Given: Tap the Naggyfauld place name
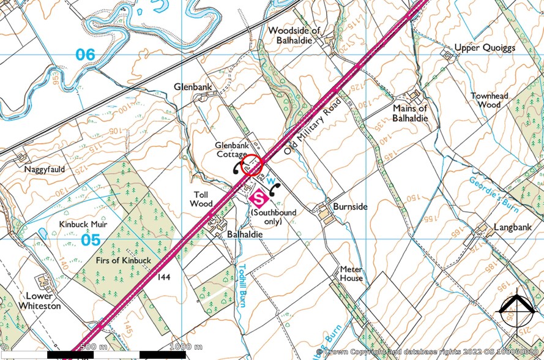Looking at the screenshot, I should [x=45, y=168].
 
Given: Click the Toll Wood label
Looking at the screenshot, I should [x=201, y=199].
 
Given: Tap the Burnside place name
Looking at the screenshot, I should [x=350, y=207].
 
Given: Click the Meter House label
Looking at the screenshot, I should [x=352, y=274].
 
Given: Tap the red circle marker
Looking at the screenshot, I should [x=252, y=165].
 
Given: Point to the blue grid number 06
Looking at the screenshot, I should [x=86, y=54].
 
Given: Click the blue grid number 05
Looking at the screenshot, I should [x=91, y=239].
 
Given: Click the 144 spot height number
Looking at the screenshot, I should [x=163, y=277].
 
